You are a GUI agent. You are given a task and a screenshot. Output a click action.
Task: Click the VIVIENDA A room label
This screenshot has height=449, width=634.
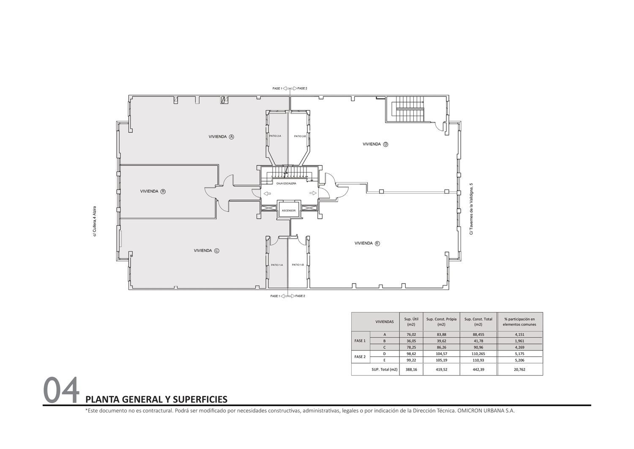coord(221,137)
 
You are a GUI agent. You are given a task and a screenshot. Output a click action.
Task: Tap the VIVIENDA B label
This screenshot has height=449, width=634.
coord(153,192)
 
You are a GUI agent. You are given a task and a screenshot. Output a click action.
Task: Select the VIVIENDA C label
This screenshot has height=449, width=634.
coord(207,251)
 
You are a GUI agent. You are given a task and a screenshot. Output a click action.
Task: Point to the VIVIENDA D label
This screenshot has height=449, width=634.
coord(376,144)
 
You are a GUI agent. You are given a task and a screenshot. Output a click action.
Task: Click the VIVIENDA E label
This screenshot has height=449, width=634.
coord(367,243)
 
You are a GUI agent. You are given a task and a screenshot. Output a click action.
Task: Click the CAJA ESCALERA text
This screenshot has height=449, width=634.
coord(287,184)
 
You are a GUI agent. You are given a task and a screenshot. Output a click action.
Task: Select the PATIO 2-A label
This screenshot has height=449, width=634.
coord(275,136)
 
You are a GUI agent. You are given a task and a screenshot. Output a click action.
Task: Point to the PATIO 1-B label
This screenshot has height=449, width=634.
coord(298,265)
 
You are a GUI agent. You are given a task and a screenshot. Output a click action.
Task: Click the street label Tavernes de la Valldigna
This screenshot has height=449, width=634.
coord(471,209)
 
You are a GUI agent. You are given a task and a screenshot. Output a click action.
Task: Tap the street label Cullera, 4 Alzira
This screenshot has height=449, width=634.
coord(95,221)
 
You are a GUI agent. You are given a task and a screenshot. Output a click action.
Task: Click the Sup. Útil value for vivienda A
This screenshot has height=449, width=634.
coord(411,334)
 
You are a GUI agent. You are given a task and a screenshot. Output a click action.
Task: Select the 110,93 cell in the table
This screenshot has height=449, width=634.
coord(478,360)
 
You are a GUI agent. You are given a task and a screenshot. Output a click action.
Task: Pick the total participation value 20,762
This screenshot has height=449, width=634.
coord(519,369)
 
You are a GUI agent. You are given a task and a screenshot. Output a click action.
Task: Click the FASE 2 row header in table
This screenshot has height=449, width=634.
coord(360,357)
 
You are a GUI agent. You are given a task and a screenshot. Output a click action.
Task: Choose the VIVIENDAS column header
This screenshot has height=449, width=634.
coord(385,322)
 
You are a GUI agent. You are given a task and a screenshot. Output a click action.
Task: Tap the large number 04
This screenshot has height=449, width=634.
coord(61,390)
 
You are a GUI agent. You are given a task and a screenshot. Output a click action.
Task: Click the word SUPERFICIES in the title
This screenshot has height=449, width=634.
coord(200,399)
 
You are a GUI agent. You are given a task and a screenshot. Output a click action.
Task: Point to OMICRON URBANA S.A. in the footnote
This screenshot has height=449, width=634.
coord(486,411)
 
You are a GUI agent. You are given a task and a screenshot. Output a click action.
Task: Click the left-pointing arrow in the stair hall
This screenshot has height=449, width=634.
coord(267,193)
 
